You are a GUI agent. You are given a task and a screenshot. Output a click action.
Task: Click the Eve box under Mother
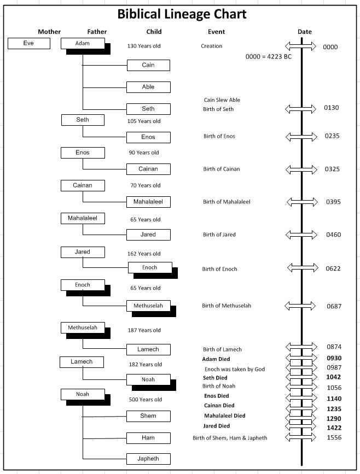pyautogui.click(x=28, y=43)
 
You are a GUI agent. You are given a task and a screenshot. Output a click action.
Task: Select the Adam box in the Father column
pyautogui.click(x=83, y=43)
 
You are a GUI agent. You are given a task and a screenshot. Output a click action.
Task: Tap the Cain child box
pyautogui.click(x=148, y=65)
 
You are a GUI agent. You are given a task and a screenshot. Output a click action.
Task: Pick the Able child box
pyautogui.click(x=148, y=87)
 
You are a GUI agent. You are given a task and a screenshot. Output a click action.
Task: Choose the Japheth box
pyautogui.click(x=148, y=458)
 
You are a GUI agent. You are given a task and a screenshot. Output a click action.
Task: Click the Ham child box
pyautogui.click(x=148, y=438)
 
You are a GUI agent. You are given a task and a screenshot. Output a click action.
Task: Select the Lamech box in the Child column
pyautogui.click(x=148, y=349)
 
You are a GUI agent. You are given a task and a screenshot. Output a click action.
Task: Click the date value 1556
pyautogui.click(x=334, y=438)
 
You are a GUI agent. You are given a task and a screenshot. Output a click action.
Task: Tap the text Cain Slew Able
pyautogui.click(x=222, y=100)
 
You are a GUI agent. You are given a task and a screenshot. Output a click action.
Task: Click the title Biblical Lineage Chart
pyautogui.click(x=182, y=14)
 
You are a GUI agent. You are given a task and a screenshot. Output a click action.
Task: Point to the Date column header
pyautogui.click(x=305, y=32)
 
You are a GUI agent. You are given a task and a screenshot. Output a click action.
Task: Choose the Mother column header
pyautogui.click(x=49, y=32)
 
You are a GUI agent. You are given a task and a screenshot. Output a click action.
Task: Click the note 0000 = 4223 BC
pyautogui.click(x=268, y=57)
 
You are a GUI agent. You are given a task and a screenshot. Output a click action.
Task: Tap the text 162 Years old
pyautogui.click(x=145, y=254)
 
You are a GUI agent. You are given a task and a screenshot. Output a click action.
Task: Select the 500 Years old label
pyautogui.click(x=146, y=400)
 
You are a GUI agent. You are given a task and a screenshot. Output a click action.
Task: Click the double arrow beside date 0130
pyautogui.click(x=300, y=109)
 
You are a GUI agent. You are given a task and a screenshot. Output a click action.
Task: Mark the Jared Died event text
pyautogui.click(x=216, y=426)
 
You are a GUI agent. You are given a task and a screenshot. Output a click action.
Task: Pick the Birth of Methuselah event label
pyautogui.click(x=227, y=306)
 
